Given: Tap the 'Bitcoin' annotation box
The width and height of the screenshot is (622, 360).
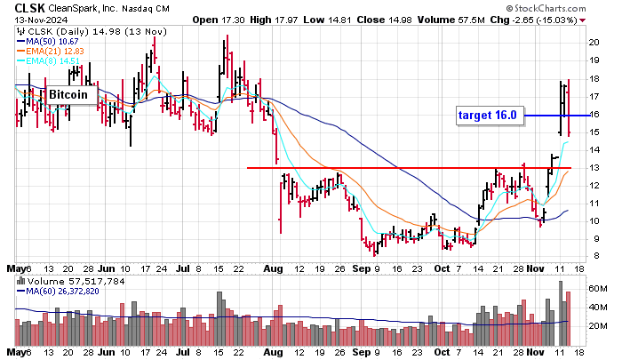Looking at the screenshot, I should pyautogui.click(x=68, y=94).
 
